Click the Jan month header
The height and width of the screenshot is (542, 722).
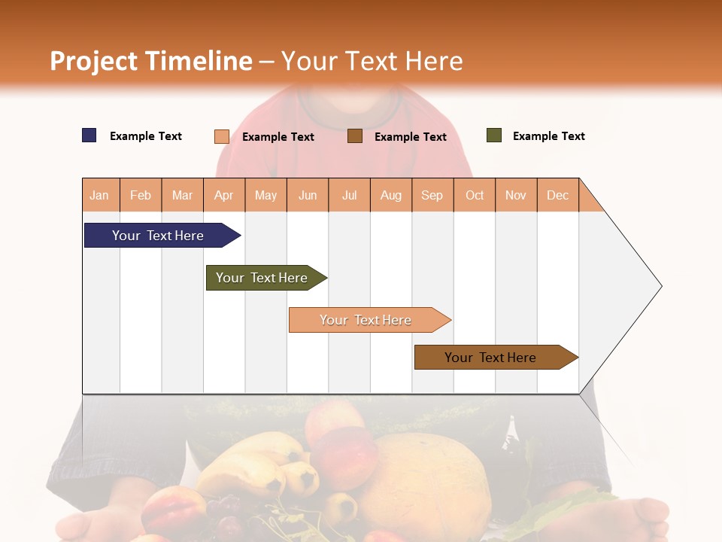[100, 195]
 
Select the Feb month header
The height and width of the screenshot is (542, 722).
[141, 195]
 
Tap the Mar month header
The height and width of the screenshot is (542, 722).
[182, 195]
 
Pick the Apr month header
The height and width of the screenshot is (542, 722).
[224, 195]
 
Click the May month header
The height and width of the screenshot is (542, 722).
[265, 195]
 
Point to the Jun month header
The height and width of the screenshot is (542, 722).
[308, 195]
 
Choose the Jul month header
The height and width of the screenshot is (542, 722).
[349, 195]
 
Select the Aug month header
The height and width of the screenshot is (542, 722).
[391, 195]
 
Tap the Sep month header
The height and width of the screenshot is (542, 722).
[432, 195]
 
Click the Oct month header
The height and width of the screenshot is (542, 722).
[475, 195]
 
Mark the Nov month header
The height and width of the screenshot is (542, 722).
[516, 195]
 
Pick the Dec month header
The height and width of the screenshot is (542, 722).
[558, 195]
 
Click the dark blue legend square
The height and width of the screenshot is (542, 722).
[89, 135]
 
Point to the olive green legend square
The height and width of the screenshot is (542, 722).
[494, 135]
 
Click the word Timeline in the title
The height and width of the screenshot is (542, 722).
[199, 61]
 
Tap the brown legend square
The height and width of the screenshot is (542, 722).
[355, 136]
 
